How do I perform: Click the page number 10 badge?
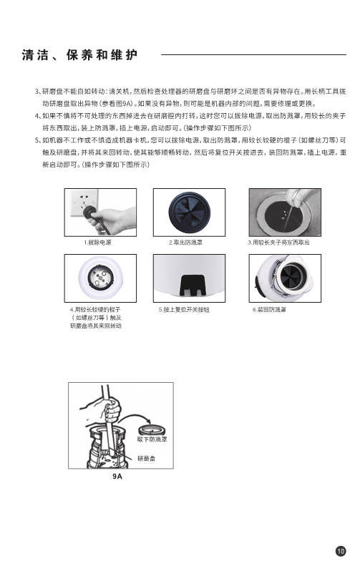pos(341,551)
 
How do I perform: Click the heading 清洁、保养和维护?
pos(79,55)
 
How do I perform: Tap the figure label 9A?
pos(117,476)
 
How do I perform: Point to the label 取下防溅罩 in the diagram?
pos(152,439)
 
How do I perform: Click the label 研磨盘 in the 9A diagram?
pos(146,459)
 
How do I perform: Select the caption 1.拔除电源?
pos(98,243)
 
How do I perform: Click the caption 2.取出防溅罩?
pos(185,243)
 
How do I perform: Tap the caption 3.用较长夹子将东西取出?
pos(278,243)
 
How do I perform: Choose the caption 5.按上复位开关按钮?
pos(184,310)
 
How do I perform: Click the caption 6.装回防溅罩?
pos(269,310)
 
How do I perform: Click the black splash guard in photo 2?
pos(189,213)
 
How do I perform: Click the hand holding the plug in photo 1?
pos(111,220)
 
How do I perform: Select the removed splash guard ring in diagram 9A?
pos(152,430)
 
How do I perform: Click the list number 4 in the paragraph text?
pos(37,116)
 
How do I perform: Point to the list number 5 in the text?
pos(37,140)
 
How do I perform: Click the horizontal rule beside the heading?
pos(253,55)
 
